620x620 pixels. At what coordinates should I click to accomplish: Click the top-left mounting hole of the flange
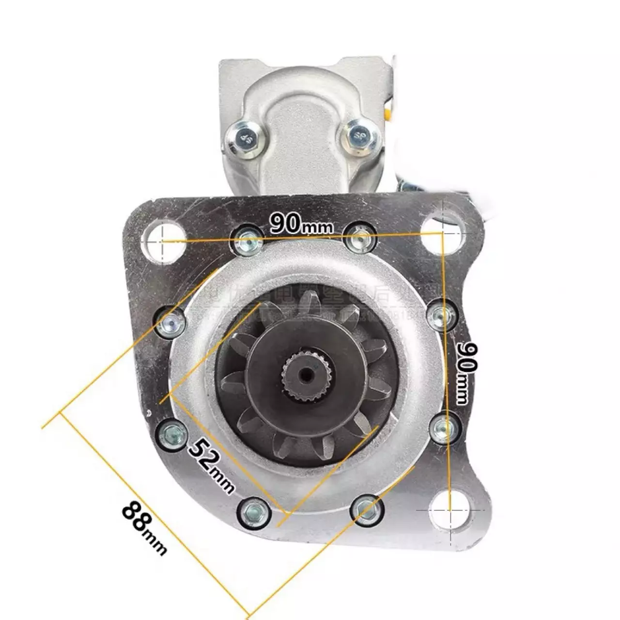pyautogui.click(x=164, y=240)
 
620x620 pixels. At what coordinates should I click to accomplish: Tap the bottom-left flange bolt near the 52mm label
pyautogui.click(x=254, y=511)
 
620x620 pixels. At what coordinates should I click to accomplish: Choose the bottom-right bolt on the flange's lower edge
pyautogui.click(x=366, y=508)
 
